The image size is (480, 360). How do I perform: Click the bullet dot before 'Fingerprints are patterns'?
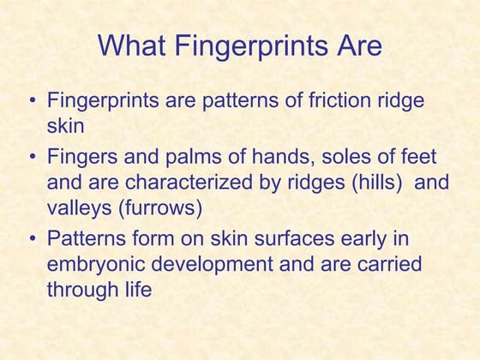[33, 102]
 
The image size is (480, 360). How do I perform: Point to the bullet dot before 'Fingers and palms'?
[33, 159]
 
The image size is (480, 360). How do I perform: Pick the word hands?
[285, 158]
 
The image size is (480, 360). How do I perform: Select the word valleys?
[75, 207]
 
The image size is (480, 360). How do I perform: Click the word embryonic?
[94, 265]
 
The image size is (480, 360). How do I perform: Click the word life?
[134, 290]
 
